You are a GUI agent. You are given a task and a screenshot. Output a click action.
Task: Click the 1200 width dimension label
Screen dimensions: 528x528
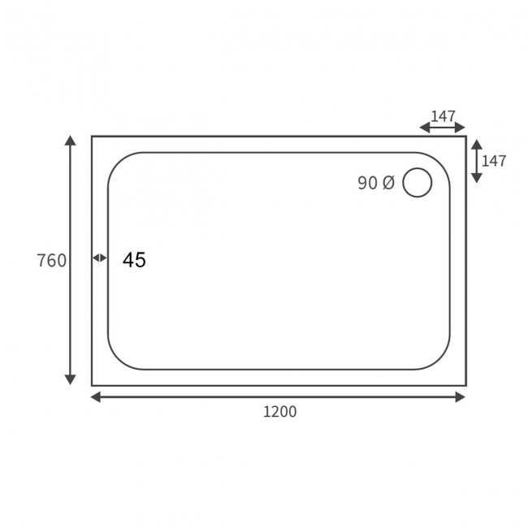[279, 412]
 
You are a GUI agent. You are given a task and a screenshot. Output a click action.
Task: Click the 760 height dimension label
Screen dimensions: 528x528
[52, 261]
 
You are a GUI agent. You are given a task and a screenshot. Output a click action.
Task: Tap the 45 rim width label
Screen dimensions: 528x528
[134, 260]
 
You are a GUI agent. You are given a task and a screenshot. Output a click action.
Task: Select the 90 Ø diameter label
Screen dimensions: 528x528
[375, 184]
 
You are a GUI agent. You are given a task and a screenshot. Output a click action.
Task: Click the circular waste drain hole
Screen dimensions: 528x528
[418, 182]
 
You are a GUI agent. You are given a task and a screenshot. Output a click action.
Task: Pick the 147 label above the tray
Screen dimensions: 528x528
[443, 116]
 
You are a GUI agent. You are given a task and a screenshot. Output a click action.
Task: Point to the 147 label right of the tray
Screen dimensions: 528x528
[494, 161]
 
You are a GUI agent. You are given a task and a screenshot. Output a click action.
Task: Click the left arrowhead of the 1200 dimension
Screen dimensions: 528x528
[95, 396]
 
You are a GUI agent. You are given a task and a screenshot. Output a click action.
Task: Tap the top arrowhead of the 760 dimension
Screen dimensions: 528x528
[71, 141]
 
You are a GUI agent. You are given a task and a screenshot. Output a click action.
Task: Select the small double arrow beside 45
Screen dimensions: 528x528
[99, 258]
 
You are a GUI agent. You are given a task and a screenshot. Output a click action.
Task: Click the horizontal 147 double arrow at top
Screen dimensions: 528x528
[442, 128]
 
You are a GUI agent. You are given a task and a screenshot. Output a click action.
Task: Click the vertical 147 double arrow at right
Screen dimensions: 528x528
[476, 161]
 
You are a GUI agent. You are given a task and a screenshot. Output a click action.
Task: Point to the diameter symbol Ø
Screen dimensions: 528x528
[387, 184]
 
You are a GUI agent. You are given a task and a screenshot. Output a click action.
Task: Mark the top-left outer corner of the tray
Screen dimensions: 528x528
[92, 136]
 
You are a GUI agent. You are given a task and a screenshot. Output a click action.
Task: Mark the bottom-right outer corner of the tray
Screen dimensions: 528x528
[465, 385]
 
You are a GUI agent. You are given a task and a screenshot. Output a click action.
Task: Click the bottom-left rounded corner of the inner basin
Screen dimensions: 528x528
[116, 361]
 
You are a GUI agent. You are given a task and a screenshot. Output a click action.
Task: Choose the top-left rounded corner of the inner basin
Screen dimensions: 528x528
[116, 161]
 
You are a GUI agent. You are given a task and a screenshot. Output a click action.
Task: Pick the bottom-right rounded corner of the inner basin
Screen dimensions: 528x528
[442, 361]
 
